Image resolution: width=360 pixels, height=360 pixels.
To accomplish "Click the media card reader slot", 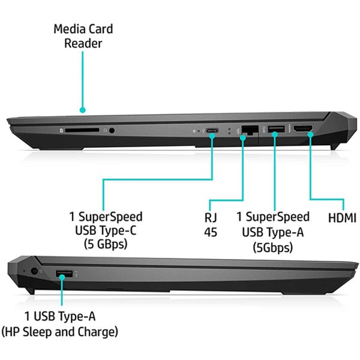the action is pos(82,130).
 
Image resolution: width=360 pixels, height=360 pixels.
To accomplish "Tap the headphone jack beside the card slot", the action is pos(112,130).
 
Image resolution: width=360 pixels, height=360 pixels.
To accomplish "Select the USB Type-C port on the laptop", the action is pos(212,131).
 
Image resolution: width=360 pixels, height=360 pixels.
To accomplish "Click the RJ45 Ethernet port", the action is pos(250,130).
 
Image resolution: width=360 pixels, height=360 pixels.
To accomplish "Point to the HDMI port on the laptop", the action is pos(303,128).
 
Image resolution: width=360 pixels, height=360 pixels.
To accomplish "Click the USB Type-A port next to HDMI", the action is pos(276,129).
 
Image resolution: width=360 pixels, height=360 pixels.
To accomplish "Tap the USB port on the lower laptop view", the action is pos(64,274).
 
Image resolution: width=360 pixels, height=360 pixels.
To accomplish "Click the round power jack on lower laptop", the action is pos(34,271).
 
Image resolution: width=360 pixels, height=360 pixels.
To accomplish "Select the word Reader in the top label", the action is pos(83,43).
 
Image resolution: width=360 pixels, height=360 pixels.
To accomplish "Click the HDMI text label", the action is pos(342,218).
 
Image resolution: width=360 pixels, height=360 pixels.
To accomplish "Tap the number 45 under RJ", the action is pos(211,232).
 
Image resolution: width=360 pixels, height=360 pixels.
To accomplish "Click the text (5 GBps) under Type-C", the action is pos(106,244).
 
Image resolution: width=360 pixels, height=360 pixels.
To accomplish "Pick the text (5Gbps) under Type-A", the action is pos(273,247).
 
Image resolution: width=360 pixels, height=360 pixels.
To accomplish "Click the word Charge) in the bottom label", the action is pos(98,332).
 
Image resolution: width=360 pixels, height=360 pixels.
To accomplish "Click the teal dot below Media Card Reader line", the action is pos(83,110).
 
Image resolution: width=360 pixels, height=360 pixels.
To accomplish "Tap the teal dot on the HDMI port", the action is pos(310,134).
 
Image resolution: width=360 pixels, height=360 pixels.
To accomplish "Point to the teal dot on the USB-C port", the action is pos(212,136).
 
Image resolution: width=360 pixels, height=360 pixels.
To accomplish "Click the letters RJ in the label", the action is pos(211,217).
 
